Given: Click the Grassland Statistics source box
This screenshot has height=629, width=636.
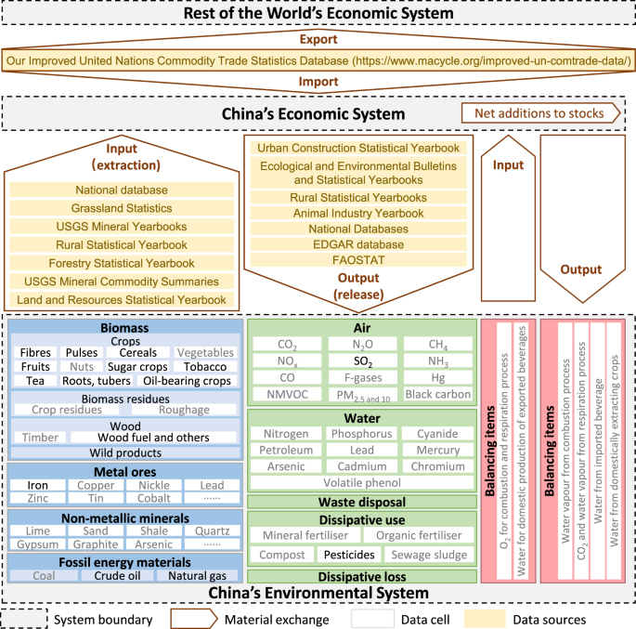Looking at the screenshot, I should click(x=122, y=208).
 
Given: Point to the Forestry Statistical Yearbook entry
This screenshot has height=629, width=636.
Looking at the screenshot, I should click(x=122, y=263).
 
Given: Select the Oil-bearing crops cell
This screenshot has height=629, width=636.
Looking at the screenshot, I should click(x=187, y=381).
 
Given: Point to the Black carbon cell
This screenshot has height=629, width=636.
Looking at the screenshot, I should click(x=438, y=394).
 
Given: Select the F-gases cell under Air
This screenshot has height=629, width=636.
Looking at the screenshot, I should click(x=362, y=378).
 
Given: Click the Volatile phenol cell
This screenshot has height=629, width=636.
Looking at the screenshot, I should click(x=362, y=483).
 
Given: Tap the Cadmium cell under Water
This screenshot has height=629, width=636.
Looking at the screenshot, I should click(x=362, y=466).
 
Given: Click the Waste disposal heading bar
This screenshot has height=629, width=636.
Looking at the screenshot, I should click(x=362, y=502).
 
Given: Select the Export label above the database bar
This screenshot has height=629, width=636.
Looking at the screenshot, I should click(x=318, y=41).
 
